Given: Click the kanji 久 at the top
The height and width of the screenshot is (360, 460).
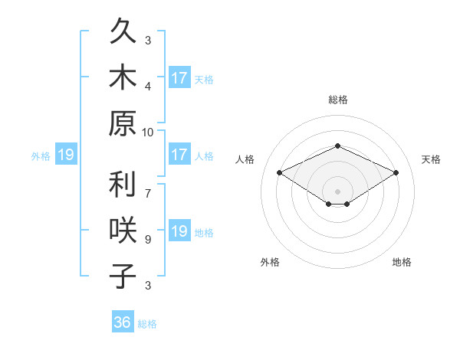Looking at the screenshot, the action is click(123, 31).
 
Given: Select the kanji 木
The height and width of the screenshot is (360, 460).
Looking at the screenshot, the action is click(123, 77).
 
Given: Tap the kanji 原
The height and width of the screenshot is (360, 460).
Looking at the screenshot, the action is click(123, 123).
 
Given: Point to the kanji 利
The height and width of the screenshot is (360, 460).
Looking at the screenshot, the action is click(123, 184).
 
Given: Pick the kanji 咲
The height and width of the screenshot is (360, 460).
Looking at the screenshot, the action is click(123, 230).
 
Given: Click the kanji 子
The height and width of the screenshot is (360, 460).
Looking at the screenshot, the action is click(123, 276).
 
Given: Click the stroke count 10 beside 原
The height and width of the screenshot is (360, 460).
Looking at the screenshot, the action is click(147, 133).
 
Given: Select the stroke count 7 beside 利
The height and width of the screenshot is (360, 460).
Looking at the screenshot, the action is click(148, 194).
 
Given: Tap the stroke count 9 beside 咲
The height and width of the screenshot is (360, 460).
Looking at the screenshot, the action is click(148, 240).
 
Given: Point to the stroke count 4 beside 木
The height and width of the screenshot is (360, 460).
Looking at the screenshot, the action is click(148, 87).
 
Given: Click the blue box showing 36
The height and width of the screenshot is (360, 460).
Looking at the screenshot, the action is click(123, 321).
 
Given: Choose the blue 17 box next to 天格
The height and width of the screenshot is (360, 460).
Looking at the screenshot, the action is click(180, 77).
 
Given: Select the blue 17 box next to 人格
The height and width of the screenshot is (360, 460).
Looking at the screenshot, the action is click(180, 154).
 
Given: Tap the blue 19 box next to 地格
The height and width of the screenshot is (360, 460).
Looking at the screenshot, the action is click(180, 230).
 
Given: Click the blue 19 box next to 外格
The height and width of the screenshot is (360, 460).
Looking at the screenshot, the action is click(66, 154).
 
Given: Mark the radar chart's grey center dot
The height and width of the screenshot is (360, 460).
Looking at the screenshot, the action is click(337, 191).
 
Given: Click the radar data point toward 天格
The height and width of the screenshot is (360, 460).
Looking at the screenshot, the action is click(396, 172).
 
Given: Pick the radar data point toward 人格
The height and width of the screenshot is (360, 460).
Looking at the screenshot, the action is click(280, 172).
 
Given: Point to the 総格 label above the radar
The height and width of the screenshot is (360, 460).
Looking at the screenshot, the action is click(338, 100).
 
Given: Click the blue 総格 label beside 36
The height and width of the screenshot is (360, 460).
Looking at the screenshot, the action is click(147, 324).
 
